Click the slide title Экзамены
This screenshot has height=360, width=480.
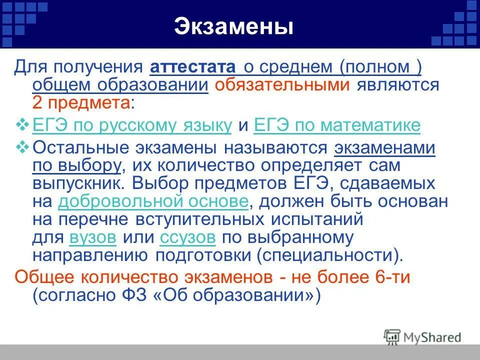click(233, 27)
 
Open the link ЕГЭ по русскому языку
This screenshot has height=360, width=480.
click(132, 125)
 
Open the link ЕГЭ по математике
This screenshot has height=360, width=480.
click(337, 125)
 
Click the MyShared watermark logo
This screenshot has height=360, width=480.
click(422, 337)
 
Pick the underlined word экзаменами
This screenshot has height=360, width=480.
click(384, 148)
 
